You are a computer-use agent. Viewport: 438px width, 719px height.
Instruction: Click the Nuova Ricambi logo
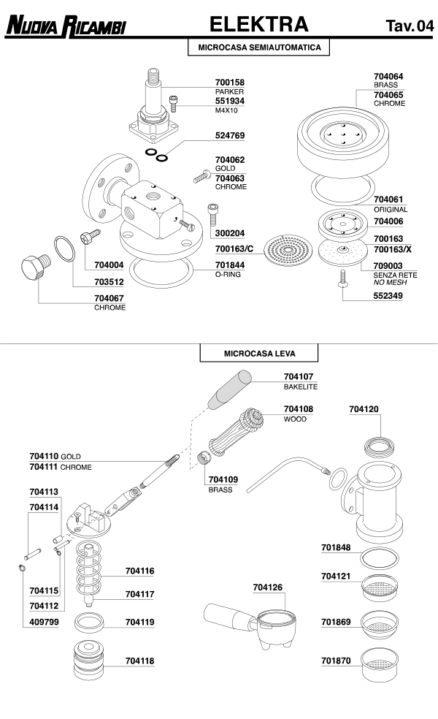click(66, 28)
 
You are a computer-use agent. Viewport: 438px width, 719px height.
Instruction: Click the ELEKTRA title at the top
click(258, 25)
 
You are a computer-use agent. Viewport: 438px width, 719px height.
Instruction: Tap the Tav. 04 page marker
click(410, 27)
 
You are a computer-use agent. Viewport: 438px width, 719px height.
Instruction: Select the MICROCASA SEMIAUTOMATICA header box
click(259, 47)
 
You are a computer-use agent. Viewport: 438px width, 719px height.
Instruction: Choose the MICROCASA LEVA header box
click(259, 354)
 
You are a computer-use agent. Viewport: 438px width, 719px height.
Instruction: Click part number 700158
click(230, 83)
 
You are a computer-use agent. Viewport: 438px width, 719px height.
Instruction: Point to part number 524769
click(230, 136)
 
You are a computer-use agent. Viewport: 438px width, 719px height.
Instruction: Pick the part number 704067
click(109, 298)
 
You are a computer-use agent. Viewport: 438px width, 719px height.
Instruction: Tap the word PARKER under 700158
click(229, 92)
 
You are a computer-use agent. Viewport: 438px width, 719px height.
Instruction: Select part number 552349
click(388, 297)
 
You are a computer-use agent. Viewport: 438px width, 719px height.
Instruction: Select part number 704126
click(267, 587)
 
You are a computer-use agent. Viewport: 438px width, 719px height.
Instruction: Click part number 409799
click(44, 623)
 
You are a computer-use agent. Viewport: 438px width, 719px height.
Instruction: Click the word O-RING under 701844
click(228, 274)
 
